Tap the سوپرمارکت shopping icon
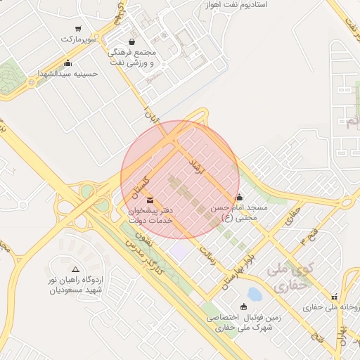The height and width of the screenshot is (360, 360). coord(77,29)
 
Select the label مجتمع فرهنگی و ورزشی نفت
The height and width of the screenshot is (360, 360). coord(136,57)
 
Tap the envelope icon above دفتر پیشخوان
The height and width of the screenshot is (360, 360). coord(149,202)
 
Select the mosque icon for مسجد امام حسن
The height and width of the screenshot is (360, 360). coord(240,197)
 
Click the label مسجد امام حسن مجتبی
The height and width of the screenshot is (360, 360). coord(240,213)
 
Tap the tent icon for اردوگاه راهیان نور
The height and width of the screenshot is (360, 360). coord(75,269)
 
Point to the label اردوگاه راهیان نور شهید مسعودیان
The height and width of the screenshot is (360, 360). coord(75,285)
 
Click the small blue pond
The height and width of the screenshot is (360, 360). coord(255,294)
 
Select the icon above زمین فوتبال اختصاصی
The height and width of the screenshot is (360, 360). coord(243,306)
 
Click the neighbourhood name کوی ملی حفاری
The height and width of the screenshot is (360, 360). coord(288,278)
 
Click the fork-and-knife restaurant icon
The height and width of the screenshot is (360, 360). coord(335,297)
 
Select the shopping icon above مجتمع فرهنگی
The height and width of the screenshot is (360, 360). coord(132,41)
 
